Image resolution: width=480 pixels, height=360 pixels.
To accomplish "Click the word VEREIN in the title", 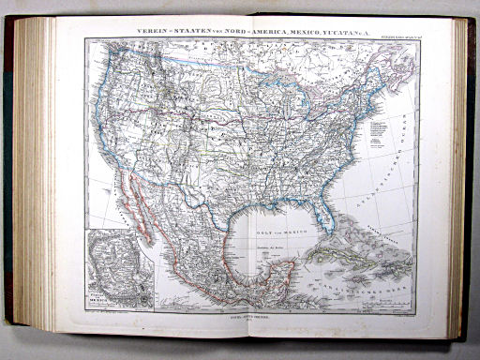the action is (x=157, y=31).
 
